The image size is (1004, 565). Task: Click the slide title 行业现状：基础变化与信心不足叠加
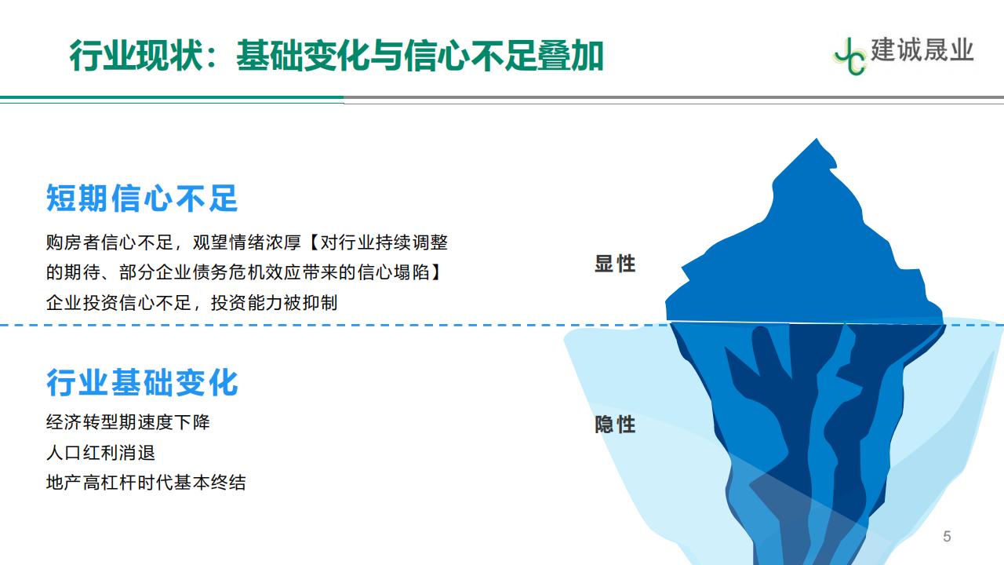pos(336,56)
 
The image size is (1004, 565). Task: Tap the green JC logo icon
pos(849,56)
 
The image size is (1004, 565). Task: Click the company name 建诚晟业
pos(922,49)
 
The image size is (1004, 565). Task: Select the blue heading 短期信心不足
pos(142,198)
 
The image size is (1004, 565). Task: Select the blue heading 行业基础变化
pos(142,382)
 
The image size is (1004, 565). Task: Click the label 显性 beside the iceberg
pos(615,264)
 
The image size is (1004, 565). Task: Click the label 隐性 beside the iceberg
pos(615,425)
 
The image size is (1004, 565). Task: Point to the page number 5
pos(947,536)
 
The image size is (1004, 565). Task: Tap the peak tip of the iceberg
pos(817,139)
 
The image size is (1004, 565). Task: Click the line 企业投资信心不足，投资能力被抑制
pos(191,303)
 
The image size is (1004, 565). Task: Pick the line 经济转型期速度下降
pos(128,422)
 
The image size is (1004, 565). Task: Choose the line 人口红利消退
pos(100,453)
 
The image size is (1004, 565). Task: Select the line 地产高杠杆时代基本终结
pos(146,483)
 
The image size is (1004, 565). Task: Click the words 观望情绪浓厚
pos(247,242)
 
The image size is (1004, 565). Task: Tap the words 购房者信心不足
pos(109,242)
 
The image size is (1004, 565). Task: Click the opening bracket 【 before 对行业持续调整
pos(313,242)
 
